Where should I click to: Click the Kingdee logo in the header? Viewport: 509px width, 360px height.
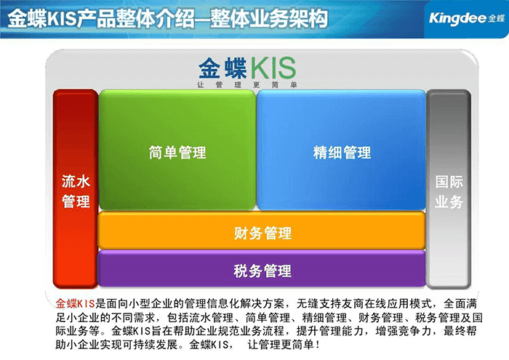(462, 17)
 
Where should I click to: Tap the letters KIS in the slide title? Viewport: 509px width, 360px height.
(71, 17)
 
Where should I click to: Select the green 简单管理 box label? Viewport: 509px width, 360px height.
(177, 152)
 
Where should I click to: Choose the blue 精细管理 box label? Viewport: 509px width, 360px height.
(342, 152)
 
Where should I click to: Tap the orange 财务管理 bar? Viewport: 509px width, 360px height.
(262, 233)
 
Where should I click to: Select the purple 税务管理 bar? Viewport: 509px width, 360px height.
(262, 271)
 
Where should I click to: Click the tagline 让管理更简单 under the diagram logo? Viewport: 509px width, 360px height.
(247, 84)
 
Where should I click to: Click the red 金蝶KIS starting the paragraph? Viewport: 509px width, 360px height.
(75, 302)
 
